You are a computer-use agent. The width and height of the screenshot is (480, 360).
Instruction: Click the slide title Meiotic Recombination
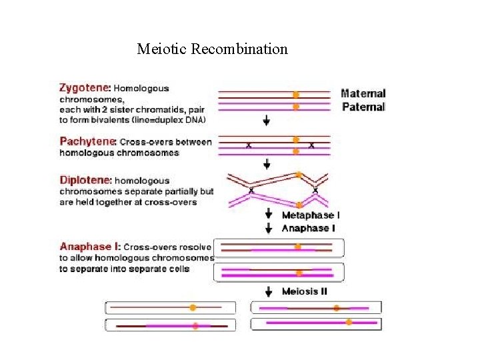pos(212,49)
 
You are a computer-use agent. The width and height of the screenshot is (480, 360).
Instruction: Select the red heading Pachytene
pos(87,141)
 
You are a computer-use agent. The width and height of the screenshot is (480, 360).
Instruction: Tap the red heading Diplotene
pos(85,180)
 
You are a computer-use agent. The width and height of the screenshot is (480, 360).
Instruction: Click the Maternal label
pos(363,94)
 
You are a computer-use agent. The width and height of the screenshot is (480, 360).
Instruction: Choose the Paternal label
pos(363,107)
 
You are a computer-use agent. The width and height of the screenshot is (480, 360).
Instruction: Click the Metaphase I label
pos(311,215)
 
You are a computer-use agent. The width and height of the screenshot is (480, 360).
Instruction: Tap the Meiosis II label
pos(305,291)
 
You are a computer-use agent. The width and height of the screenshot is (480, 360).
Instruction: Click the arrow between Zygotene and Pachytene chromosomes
pos(267,121)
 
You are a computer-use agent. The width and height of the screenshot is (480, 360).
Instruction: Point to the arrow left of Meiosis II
pos(269,291)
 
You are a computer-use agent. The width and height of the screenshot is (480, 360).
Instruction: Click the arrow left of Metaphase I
pos(269,215)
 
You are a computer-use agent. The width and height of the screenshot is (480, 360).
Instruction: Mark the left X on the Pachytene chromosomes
pos(249,146)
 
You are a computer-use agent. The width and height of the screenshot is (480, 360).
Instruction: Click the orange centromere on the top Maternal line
pos(296,95)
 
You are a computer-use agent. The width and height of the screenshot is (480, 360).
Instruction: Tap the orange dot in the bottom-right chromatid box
pos(349,322)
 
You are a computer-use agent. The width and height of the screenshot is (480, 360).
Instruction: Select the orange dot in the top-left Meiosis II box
pos(192,307)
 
